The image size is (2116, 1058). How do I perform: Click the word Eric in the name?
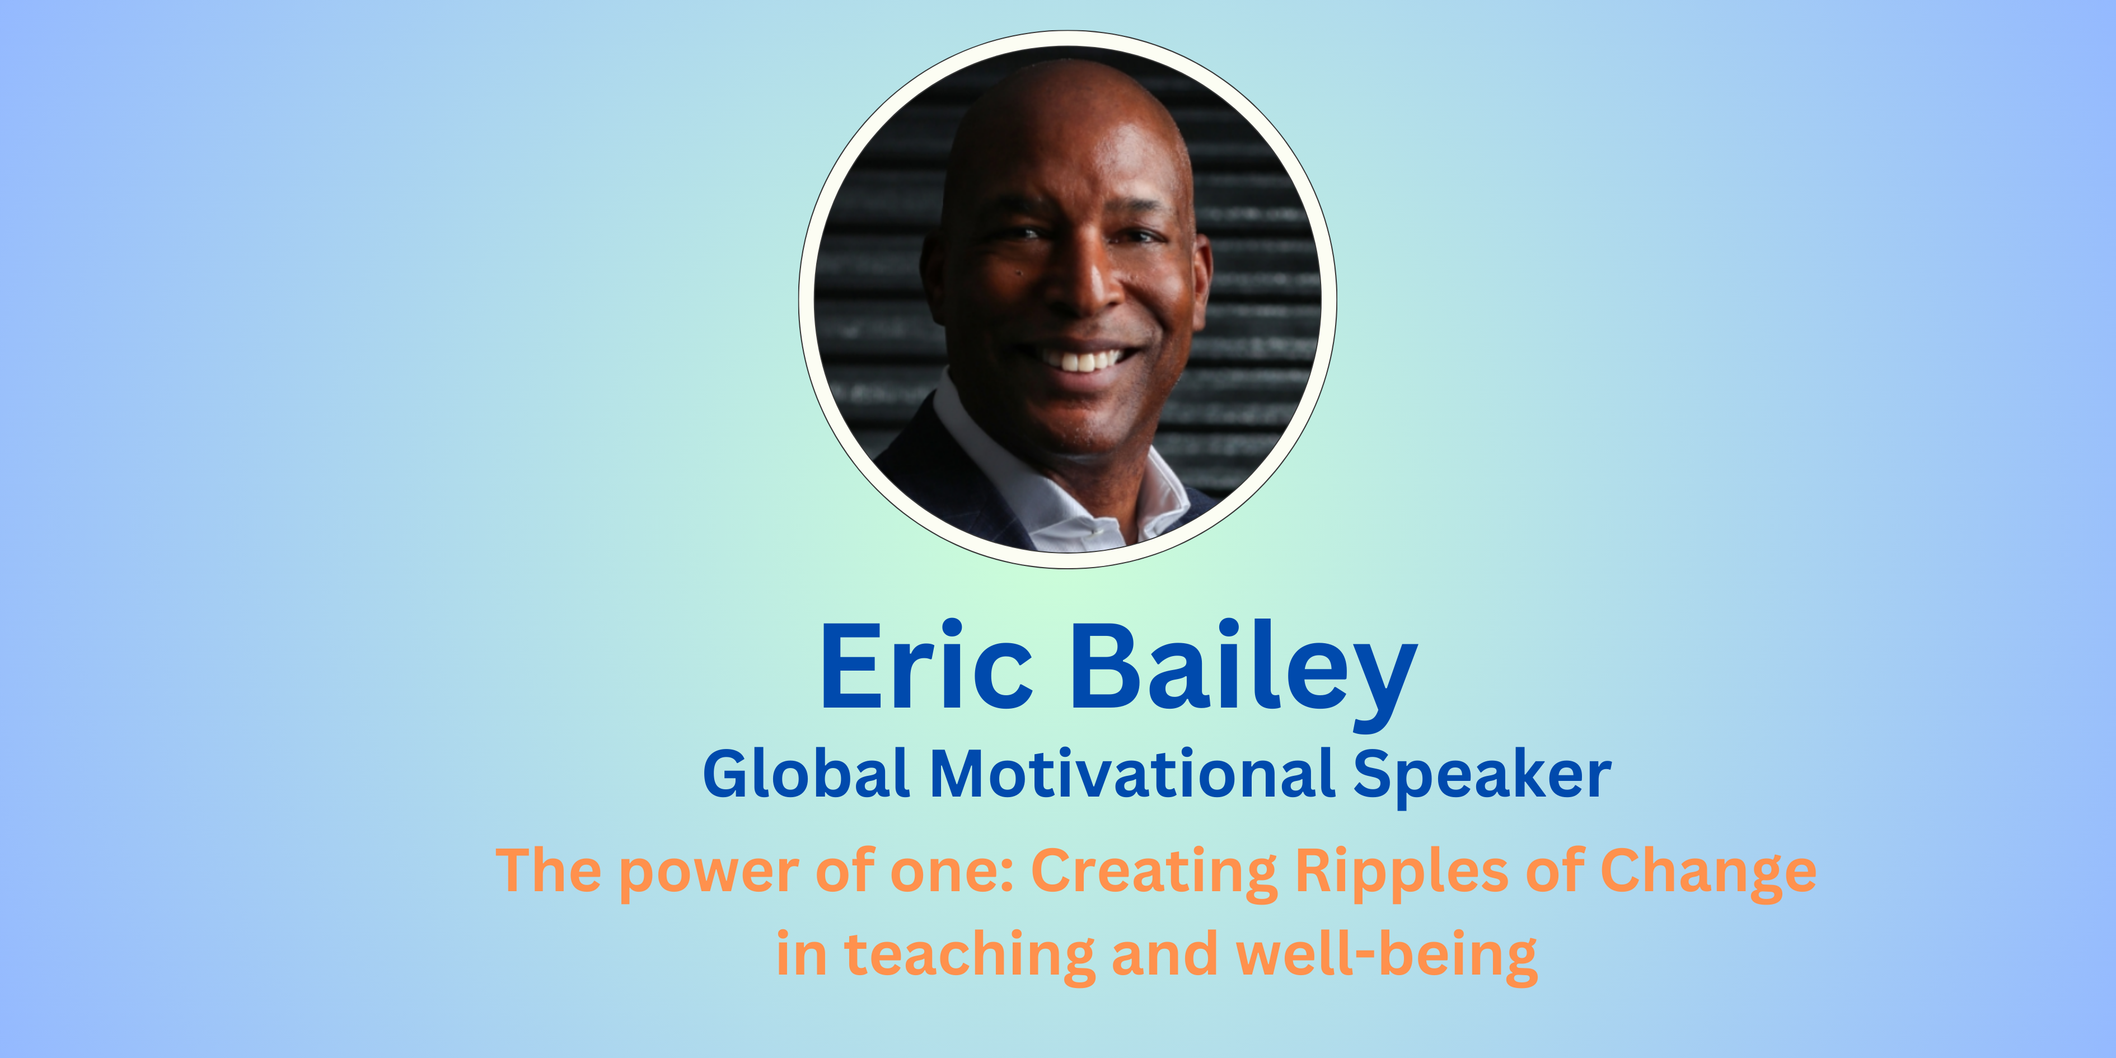926,666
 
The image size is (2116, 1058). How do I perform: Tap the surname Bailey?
1244,673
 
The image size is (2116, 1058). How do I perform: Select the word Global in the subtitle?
806,774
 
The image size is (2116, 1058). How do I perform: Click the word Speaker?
1482,776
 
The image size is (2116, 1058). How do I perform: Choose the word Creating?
1154,873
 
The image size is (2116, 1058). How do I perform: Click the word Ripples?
1401,873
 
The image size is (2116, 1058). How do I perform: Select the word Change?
1708,873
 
